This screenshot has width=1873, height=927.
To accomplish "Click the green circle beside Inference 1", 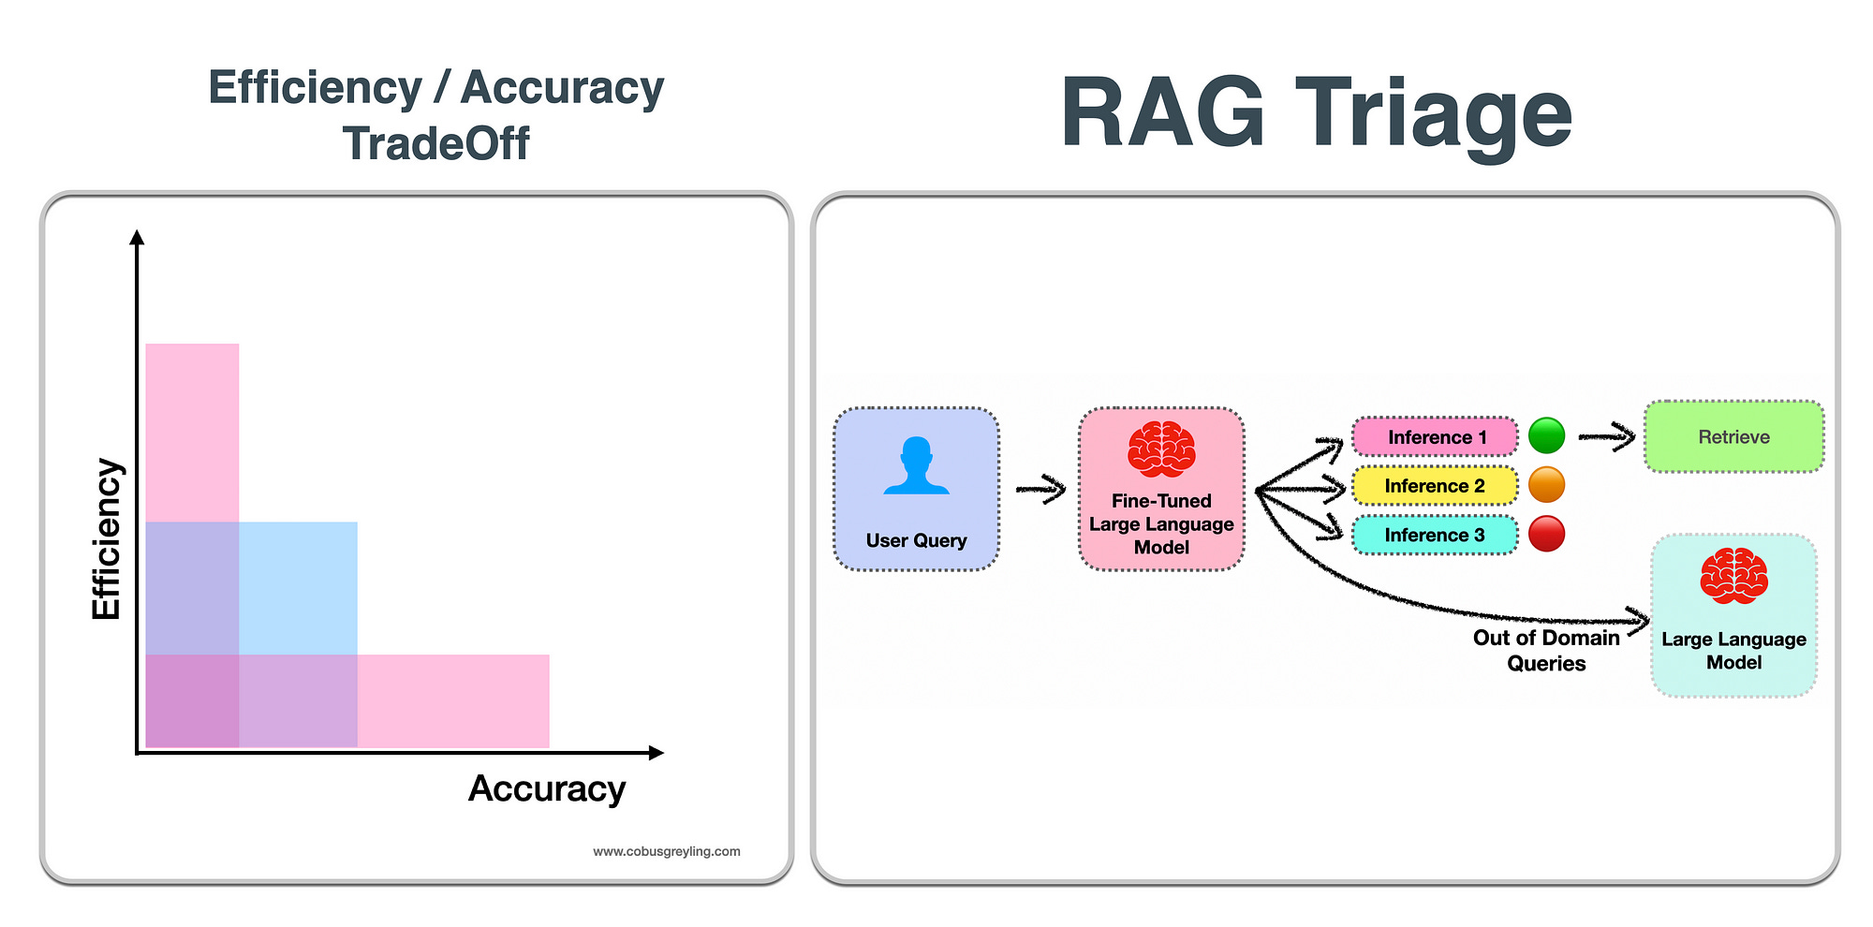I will pyautogui.click(x=1546, y=435).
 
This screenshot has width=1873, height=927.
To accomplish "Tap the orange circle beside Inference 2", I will pyautogui.click(x=1546, y=485).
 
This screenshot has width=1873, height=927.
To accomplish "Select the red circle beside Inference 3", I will pyautogui.click(x=1546, y=534).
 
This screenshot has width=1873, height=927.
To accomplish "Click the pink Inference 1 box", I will pyautogui.click(x=1435, y=437).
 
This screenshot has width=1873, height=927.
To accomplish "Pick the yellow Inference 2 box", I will pyautogui.click(x=1435, y=486).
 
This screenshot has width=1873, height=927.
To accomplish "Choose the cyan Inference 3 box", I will pyautogui.click(x=1435, y=535).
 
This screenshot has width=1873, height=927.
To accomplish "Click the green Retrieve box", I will pyautogui.click(x=1733, y=436).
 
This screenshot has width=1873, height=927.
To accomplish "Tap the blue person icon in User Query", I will pyautogui.click(x=916, y=465).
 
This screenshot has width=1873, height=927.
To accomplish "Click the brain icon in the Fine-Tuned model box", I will pyautogui.click(x=1161, y=449).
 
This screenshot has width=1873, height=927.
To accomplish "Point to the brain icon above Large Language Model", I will pyautogui.click(x=1733, y=576).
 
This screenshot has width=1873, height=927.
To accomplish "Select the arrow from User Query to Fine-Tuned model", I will pyautogui.click(x=1041, y=488).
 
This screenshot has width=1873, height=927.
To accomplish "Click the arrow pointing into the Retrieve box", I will pyautogui.click(x=1607, y=436).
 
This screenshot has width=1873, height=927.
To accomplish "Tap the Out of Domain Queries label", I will pyautogui.click(x=1546, y=650).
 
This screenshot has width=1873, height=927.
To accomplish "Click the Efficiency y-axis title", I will pyautogui.click(x=107, y=538).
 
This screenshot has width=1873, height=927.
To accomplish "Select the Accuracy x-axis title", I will pyautogui.click(x=547, y=788).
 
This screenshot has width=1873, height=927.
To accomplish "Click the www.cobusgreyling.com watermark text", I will pyautogui.click(x=666, y=851).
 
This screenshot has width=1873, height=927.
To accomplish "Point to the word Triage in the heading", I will pyautogui.click(x=1433, y=114).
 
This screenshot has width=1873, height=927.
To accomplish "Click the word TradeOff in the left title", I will pyautogui.click(x=436, y=144).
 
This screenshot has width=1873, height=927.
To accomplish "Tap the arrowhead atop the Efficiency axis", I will pyautogui.click(x=138, y=237).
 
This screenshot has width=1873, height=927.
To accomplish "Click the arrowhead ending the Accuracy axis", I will pyautogui.click(x=656, y=752).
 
